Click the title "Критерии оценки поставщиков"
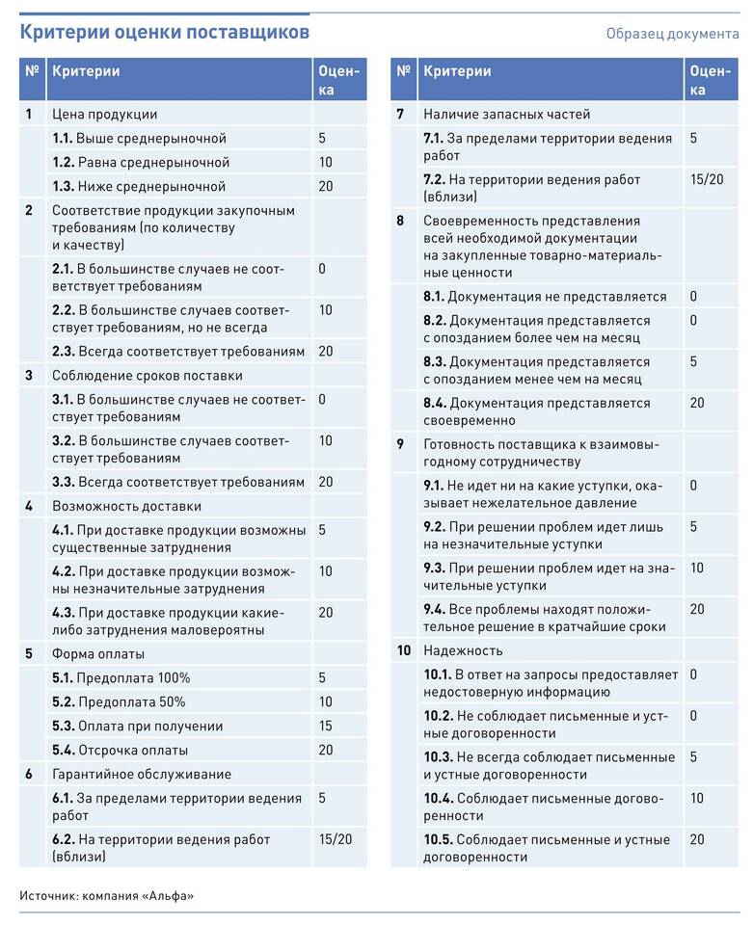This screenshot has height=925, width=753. [x=165, y=32]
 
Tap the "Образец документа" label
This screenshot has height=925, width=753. [x=672, y=34]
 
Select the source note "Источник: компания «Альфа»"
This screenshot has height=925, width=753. [x=106, y=896]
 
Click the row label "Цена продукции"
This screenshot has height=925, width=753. [x=104, y=114]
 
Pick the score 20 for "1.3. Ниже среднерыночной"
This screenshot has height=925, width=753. [x=326, y=186]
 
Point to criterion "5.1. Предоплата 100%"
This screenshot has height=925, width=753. [x=121, y=677]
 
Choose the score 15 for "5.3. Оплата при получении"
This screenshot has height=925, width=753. [x=326, y=726]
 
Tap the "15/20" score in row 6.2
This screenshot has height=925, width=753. [x=335, y=838]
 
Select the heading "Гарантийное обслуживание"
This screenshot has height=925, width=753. [x=141, y=774]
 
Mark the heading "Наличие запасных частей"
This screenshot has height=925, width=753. [x=507, y=114]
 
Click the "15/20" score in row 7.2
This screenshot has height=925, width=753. [x=706, y=179]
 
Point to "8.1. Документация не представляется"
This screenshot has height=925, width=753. [x=545, y=297]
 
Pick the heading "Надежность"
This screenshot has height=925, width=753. [x=463, y=650]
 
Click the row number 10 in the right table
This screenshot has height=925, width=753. [x=404, y=650]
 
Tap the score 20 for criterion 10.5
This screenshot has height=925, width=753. [x=697, y=839]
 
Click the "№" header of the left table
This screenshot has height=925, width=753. [x=32, y=71]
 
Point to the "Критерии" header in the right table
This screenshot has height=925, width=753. [x=457, y=71]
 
